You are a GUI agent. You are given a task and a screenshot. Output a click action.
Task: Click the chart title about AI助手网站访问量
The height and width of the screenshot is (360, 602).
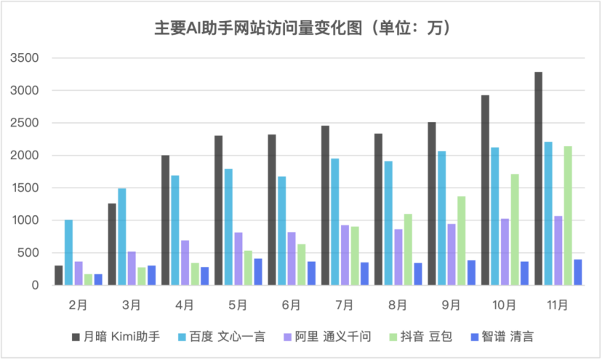pos(302,28)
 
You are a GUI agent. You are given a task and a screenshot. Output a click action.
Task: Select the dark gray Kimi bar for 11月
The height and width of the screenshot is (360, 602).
pos(539,178)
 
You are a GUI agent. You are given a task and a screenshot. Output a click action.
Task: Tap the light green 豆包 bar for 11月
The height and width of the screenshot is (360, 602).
pos(568,215)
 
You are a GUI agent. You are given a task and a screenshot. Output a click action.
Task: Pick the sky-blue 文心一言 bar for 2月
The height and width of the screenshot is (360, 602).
pos(68,252)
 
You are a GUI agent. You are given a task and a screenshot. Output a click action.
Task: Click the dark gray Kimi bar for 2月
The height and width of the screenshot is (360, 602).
pos(58,275)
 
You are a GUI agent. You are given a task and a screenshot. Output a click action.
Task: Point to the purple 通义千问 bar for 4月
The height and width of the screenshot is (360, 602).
pos(185,263)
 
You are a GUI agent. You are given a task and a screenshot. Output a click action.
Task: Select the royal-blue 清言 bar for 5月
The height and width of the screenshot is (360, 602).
pos(258,271)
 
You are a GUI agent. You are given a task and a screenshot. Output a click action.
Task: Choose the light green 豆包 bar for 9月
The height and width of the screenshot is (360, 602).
pos(461,241)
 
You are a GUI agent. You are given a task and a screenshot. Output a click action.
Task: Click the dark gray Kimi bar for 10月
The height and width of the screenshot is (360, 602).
pos(485,190)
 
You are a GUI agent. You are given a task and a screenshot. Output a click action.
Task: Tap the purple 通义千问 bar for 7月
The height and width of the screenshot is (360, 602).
pos(345,255)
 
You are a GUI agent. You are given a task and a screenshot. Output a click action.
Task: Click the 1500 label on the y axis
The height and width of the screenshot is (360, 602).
pos(25,188)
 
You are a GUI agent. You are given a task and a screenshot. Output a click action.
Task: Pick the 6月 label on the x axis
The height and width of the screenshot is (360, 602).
pos(291,304)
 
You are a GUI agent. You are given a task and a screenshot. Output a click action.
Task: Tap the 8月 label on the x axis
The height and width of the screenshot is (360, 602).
pos(398,304)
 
